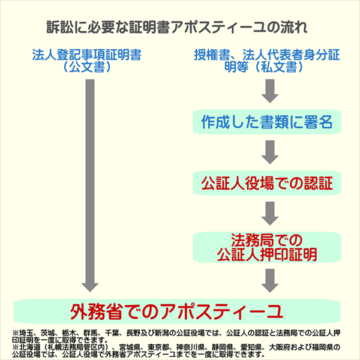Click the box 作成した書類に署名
271,123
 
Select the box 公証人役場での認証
271,181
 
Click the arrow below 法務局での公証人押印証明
271,279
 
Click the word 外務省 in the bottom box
95,311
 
